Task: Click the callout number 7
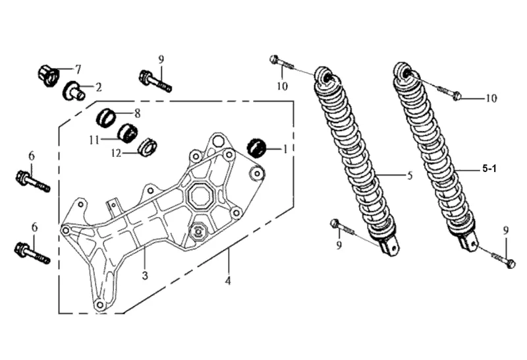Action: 78,70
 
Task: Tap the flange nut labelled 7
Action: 47,75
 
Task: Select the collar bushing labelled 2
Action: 74,90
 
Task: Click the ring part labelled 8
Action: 106,118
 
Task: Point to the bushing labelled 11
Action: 128,134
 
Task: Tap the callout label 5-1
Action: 489,169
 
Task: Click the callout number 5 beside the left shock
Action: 409,175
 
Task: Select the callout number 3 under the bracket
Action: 145,276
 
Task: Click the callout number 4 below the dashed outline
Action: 228,280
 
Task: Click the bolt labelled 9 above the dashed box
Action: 155,81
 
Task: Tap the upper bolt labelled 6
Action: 32,181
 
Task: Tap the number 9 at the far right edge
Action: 506,231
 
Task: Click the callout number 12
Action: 116,154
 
